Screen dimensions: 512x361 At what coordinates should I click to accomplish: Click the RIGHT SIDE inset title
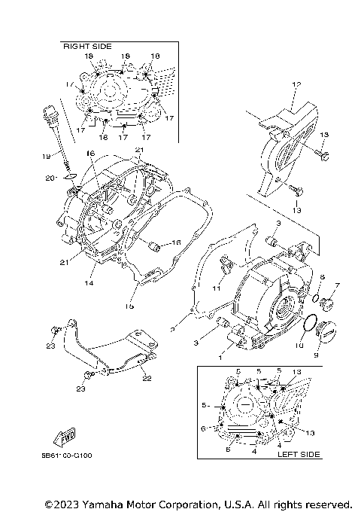point(83,47)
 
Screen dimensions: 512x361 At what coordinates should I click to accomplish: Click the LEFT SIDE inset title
point(299,454)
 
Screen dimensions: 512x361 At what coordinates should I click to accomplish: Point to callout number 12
point(297,84)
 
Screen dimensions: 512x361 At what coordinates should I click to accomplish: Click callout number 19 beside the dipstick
point(47,156)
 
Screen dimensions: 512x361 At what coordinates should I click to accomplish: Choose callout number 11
point(217,288)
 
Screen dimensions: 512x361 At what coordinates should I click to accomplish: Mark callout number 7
point(338,285)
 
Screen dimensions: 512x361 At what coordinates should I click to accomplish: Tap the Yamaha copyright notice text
point(198,503)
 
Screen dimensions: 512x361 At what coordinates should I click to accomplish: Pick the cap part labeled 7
point(328,304)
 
